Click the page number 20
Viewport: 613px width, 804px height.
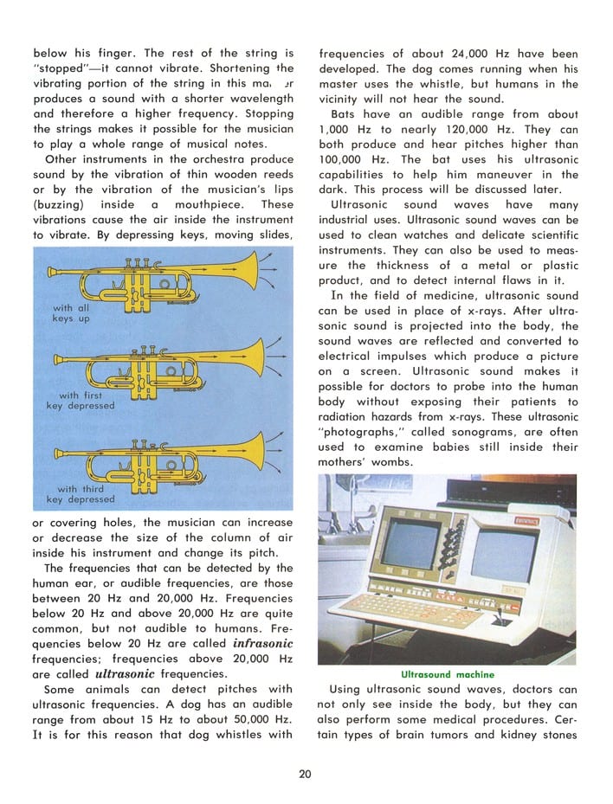[x=305, y=774]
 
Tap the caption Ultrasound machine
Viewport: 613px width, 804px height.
[x=447, y=674]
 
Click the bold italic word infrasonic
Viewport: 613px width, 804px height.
[x=263, y=644]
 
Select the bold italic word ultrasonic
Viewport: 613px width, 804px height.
[x=125, y=673]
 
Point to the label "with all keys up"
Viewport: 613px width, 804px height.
[x=71, y=313]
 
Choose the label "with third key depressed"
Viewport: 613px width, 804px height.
[x=80, y=494]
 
